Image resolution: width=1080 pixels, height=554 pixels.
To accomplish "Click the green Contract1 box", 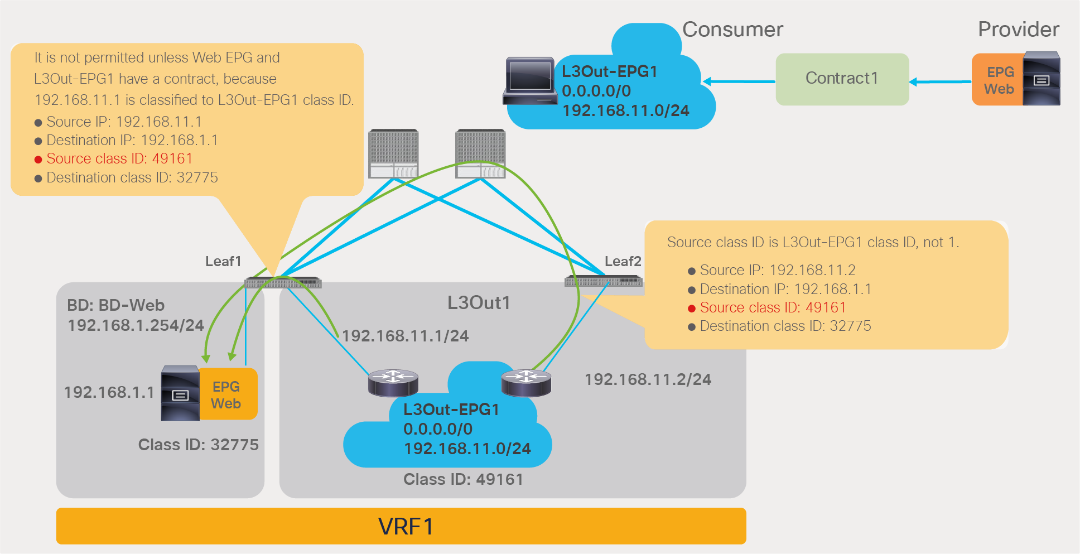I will (842, 79).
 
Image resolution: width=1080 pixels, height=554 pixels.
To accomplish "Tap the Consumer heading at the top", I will (732, 30).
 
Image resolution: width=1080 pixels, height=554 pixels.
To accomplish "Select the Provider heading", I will (1018, 30).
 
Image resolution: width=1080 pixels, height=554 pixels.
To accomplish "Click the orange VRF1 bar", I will (401, 526).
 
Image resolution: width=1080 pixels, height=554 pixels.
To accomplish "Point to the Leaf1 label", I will (223, 261).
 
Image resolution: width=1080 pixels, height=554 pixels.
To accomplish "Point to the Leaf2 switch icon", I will (603, 281).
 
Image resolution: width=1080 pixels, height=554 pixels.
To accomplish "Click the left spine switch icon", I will (393, 154).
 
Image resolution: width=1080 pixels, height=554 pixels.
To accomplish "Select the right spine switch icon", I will (480, 154).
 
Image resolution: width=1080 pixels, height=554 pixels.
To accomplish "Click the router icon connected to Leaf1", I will (393, 382).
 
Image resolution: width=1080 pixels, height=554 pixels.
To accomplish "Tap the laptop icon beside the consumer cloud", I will (529, 81).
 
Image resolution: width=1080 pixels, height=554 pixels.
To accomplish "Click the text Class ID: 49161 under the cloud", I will (463, 479).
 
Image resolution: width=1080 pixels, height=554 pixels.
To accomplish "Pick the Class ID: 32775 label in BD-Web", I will (198, 445).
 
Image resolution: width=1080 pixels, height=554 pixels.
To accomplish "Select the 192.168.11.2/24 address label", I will (648, 379).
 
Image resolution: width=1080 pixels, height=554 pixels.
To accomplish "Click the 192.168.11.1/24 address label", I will (405, 336).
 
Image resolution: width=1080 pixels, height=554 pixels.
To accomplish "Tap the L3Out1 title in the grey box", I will (479, 303).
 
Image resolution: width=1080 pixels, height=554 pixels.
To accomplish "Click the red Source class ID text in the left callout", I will (119, 158).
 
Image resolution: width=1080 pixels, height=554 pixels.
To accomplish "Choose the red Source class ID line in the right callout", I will (772, 307).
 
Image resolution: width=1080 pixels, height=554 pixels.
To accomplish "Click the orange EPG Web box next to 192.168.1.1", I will (228, 394).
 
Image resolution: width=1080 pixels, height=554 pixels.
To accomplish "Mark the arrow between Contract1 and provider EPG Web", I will (940, 82).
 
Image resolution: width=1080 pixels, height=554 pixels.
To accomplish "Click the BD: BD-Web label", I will (115, 305).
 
